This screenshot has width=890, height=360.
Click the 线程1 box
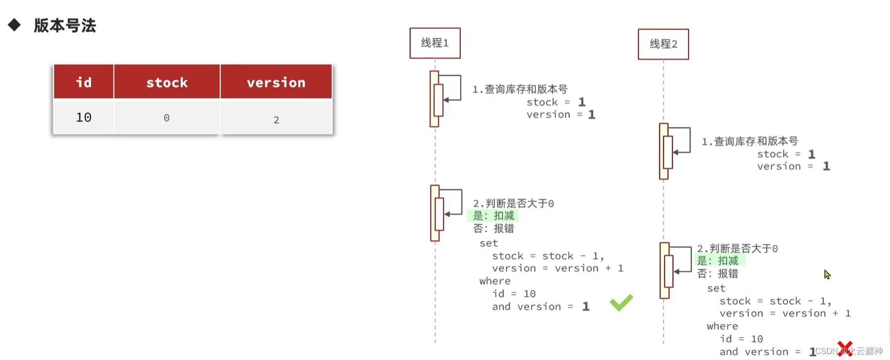[x=435, y=43]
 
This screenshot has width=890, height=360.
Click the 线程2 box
[x=663, y=44]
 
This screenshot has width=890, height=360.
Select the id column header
[x=84, y=82]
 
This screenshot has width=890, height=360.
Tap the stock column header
[x=167, y=82]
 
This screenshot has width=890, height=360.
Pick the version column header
[x=276, y=82]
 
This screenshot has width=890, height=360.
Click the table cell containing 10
[x=84, y=117]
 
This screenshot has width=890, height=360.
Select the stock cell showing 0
[x=166, y=118]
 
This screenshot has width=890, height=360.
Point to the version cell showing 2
[x=276, y=120]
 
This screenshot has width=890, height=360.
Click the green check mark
[x=621, y=302]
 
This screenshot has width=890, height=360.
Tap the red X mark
[x=844, y=349]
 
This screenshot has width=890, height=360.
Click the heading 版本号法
[x=65, y=26]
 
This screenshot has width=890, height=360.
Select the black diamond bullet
[x=14, y=25]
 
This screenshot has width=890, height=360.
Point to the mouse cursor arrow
[x=827, y=274]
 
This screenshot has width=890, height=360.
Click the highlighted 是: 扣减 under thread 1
[x=494, y=216]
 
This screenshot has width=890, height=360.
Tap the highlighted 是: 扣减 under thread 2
[x=718, y=261]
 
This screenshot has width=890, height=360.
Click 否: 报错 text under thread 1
[x=494, y=228]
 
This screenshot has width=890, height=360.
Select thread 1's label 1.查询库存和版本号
[x=520, y=89]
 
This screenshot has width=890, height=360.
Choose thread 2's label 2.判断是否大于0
[x=737, y=249]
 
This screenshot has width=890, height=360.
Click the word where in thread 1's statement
[x=494, y=281]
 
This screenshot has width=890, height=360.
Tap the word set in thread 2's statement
[x=716, y=288]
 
